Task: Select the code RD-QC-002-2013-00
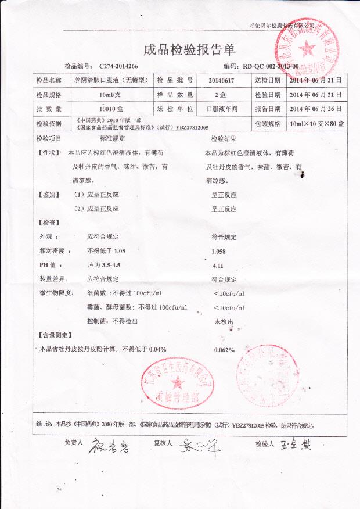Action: click(x=270, y=67)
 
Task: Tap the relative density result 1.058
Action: click(x=220, y=251)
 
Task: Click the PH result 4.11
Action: click(x=218, y=265)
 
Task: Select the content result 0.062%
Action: click(x=224, y=349)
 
